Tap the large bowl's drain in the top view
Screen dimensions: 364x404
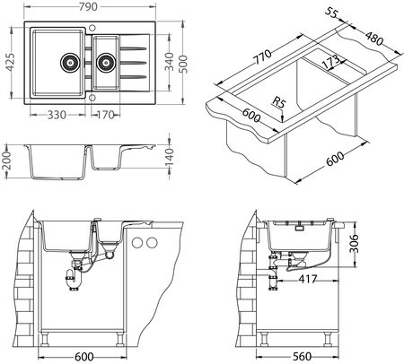tap(68, 63)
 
